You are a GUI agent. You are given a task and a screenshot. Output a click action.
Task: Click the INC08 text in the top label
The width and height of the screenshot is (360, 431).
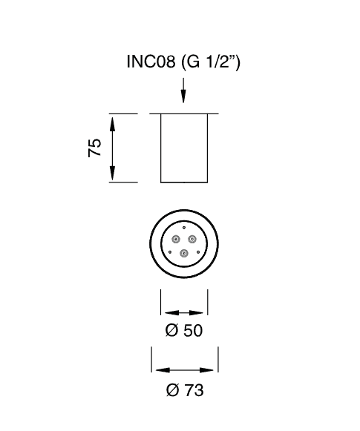click(151, 62)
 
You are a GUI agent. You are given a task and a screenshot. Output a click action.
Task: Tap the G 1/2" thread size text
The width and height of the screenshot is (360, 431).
click(211, 62)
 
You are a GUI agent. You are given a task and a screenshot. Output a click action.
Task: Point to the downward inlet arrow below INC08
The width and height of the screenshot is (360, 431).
click(183, 91)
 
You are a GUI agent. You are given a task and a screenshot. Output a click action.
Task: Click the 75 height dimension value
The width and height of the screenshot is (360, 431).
click(94, 148)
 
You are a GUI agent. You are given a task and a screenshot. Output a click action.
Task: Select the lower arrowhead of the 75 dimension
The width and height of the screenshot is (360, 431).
click(112, 173)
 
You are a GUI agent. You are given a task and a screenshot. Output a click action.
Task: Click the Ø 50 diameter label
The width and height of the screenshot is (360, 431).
click(184, 330)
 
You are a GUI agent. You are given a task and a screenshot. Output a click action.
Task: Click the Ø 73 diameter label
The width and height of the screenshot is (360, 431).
click(185, 390)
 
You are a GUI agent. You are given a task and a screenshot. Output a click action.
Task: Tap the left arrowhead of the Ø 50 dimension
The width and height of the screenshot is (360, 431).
click(171, 313)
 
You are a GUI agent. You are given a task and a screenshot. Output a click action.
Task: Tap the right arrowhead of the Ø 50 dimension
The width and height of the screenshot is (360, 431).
click(197, 313)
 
